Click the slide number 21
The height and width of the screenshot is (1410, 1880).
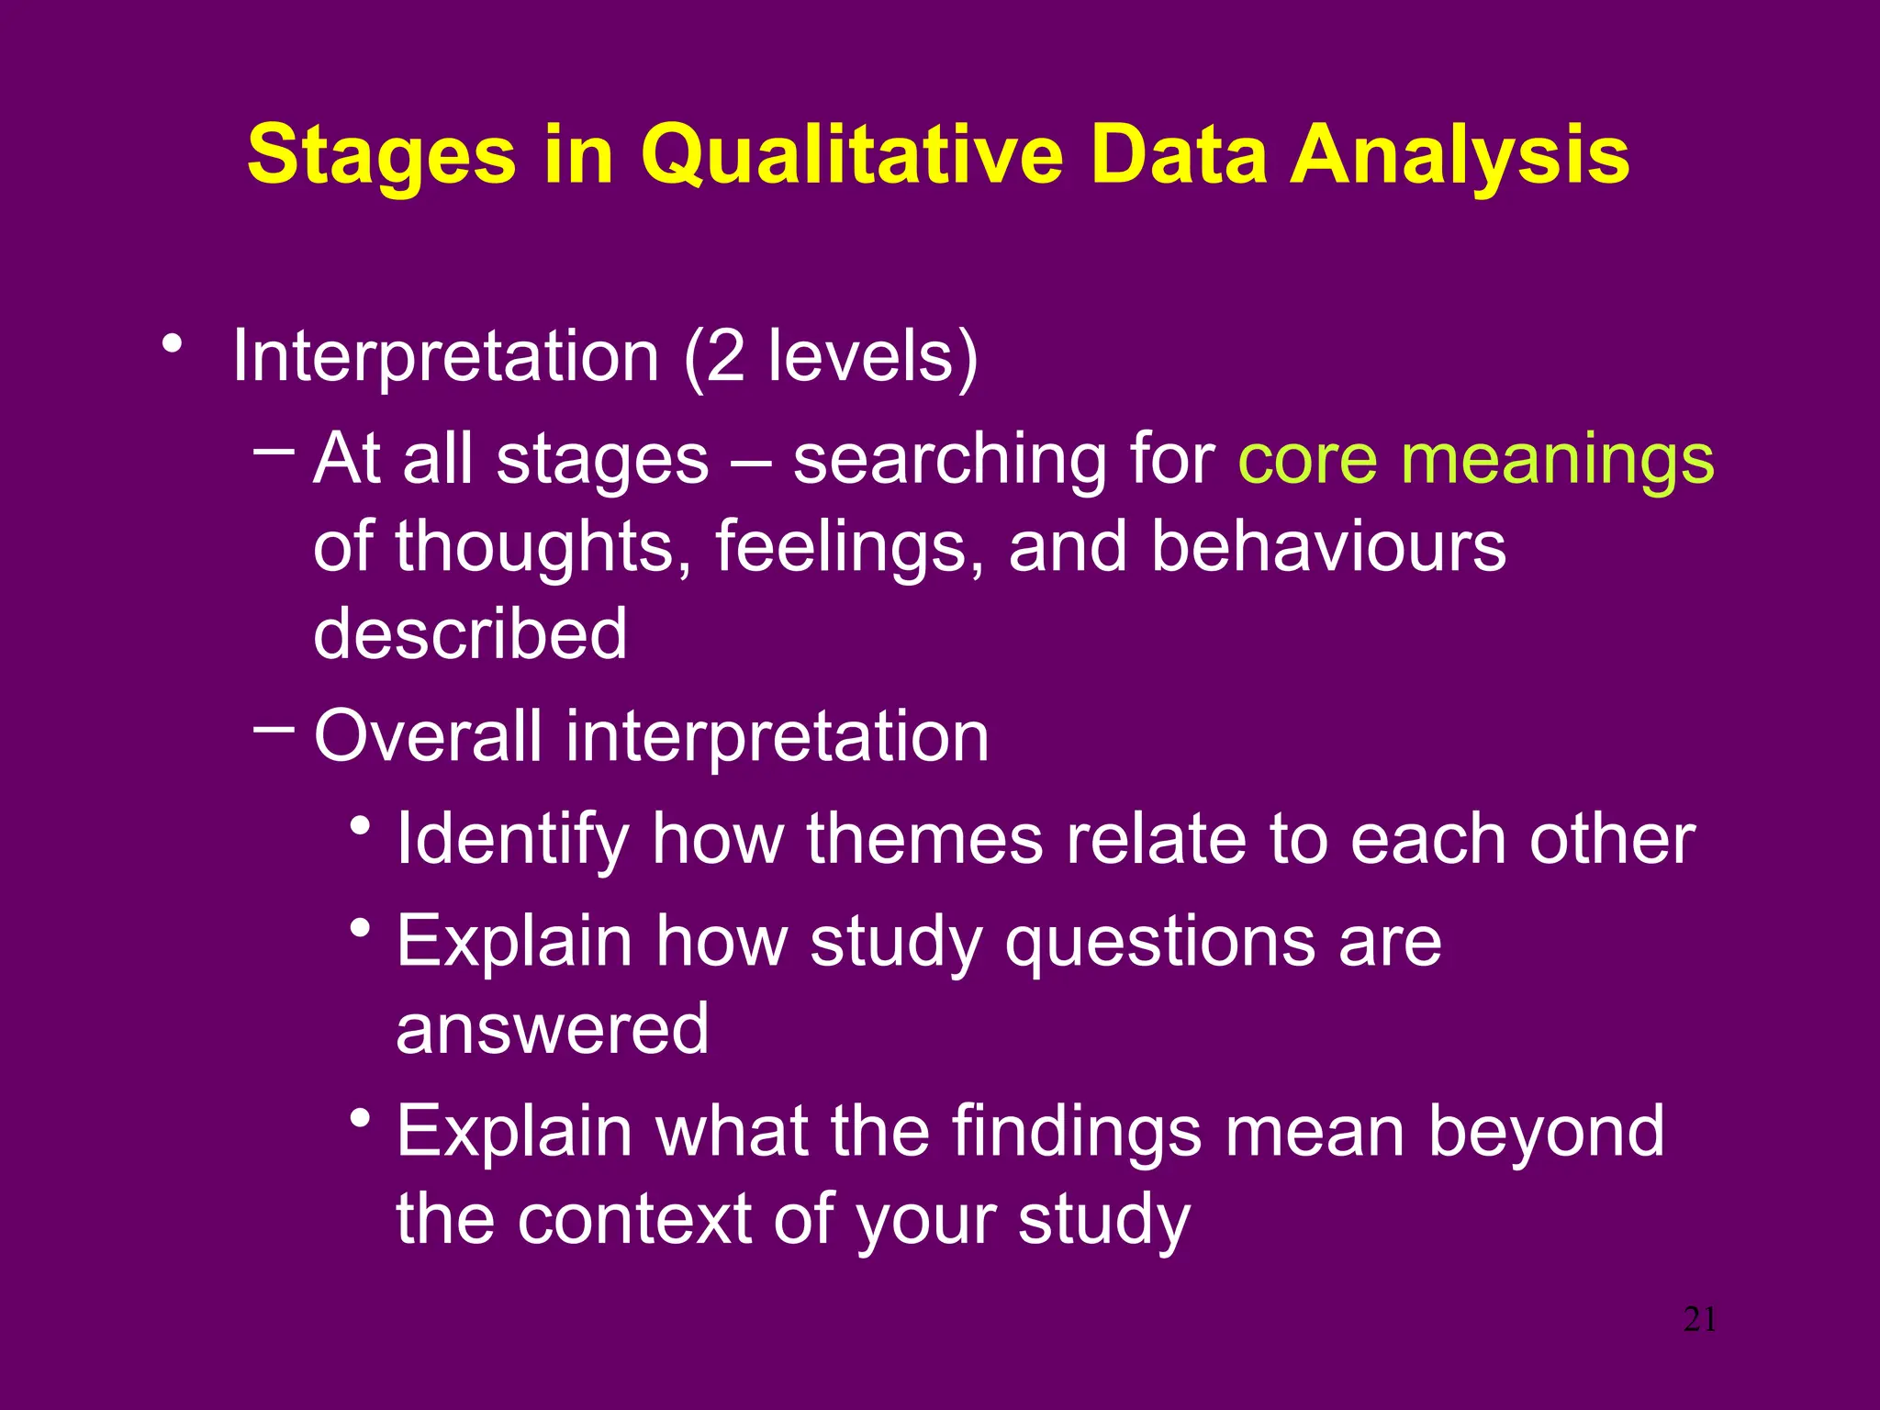(x=1700, y=1320)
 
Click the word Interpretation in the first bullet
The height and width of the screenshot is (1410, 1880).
(x=445, y=356)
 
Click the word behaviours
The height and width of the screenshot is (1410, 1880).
(x=1327, y=547)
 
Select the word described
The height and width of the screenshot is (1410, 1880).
(x=470, y=633)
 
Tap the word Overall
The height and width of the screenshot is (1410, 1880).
(x=428, y=736)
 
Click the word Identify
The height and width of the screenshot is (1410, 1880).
(x=512, y=839)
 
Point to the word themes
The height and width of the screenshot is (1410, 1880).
(x=924, y=839)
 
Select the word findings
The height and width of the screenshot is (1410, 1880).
(x=1076, y=1132)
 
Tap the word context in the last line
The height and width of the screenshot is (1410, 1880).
(x=634, y=1219)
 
